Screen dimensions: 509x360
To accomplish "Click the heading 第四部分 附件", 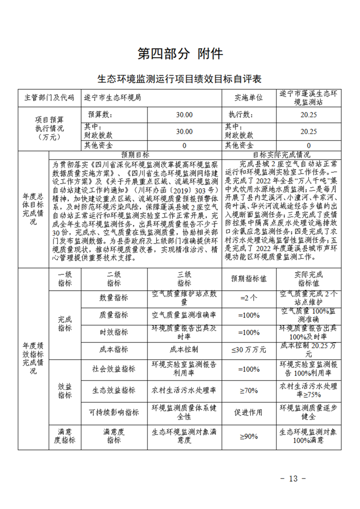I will pos(180,54).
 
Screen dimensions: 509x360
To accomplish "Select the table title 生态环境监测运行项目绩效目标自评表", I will pos(180,79).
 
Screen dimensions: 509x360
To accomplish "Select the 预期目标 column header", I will pos(135,154).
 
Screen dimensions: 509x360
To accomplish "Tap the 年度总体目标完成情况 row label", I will pos(33,210).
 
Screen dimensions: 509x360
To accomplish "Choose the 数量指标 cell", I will pos(113,298).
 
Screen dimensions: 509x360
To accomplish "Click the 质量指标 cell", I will pos(113,315).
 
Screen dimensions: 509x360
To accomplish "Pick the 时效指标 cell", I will pos(113,332).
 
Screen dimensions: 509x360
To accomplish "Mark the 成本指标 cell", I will pos(113,349).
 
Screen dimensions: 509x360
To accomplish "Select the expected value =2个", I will pos(248,298).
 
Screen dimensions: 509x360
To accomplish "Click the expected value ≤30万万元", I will pos(248,349).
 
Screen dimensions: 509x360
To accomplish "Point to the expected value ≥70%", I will pos(248,390).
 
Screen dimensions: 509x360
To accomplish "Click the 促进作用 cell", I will pos(248,412).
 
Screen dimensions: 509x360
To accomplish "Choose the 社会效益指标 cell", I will pos(113,369).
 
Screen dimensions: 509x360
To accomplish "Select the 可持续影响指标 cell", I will pos(113,412).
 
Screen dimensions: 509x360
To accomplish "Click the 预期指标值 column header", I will pos(248,279).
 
